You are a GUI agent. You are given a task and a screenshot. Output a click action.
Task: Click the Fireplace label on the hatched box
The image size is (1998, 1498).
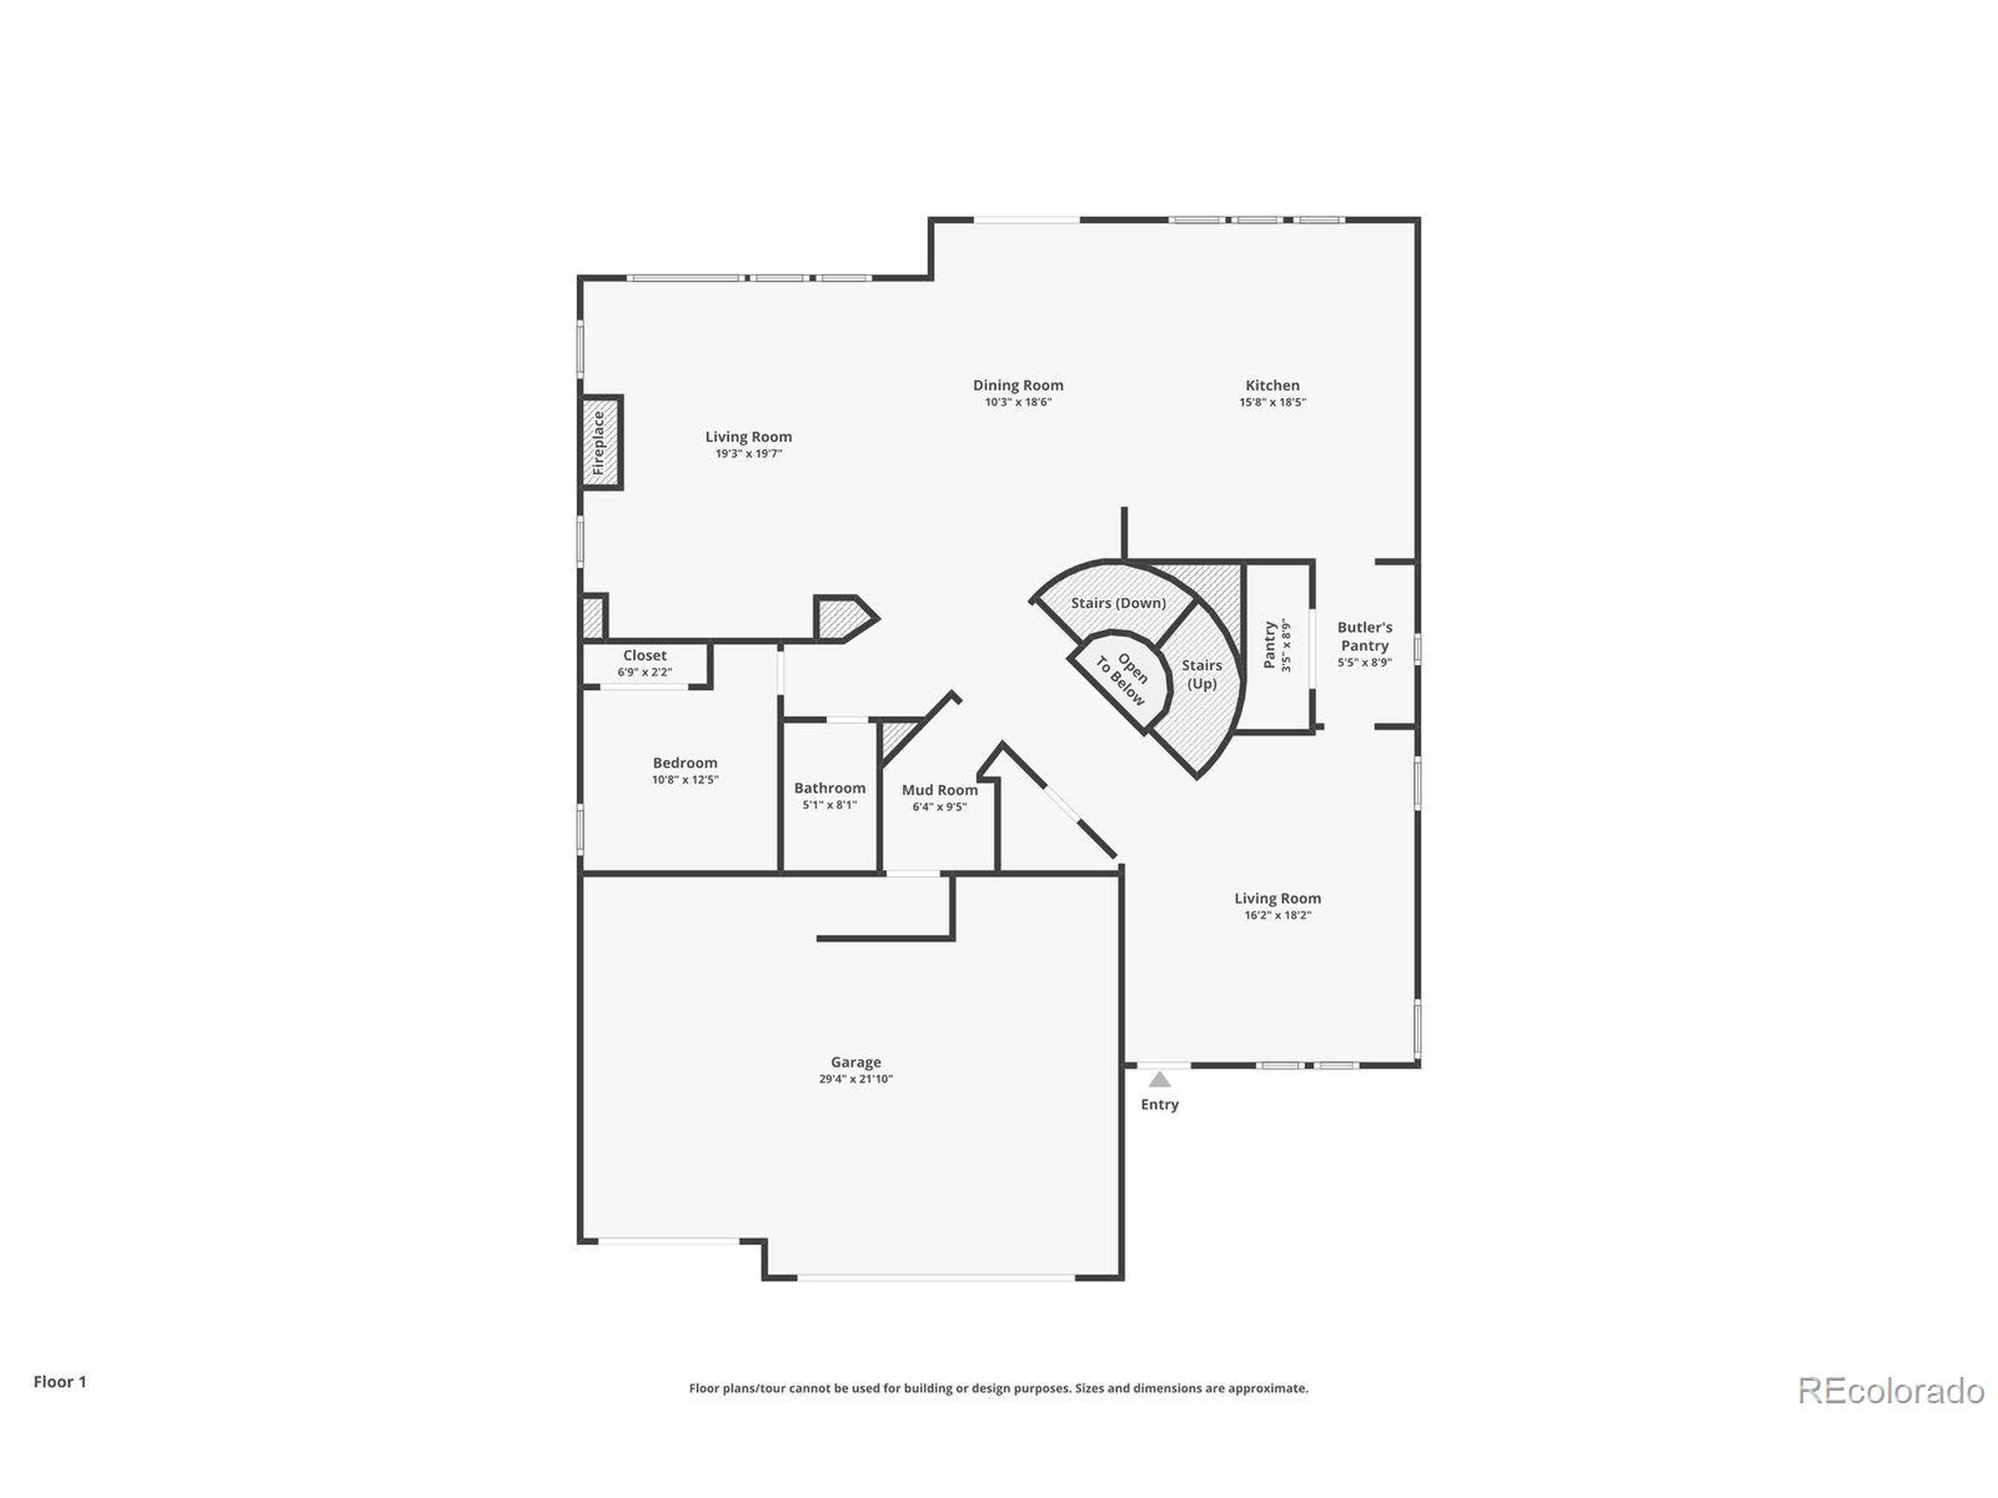point(598,442)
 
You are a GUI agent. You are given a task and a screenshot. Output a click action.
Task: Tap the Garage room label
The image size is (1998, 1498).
point(855,1062)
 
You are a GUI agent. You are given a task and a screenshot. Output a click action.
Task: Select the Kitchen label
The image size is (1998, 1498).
point(1272,385)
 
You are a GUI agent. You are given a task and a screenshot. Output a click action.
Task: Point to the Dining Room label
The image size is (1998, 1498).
point(1018,385)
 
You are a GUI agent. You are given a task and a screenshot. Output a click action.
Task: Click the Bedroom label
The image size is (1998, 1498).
point(684,763)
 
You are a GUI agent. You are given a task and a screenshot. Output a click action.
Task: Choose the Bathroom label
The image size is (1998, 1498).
point(829,788)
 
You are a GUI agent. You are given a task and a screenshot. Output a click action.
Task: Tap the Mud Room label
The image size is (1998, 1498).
point(940,790)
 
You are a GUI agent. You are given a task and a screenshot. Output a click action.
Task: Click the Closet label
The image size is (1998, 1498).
point(645,655)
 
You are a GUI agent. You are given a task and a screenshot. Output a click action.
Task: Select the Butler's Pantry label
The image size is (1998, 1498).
point(1364,637)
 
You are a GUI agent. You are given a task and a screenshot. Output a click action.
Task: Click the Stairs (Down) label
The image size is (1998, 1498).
point(1118,603)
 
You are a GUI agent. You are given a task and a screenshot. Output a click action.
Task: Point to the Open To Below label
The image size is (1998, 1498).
point(1122,680)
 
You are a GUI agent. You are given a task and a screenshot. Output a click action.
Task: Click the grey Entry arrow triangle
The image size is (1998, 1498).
point(1160,1080)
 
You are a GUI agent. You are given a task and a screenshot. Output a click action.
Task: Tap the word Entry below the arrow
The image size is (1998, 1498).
point(1160,1104)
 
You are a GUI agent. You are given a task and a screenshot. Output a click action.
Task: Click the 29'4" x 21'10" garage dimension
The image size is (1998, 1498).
point(855,1079)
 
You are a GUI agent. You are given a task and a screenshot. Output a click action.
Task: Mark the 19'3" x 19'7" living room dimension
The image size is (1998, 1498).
point(748,454)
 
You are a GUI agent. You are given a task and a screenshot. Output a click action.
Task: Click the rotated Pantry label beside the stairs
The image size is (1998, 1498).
point(1269,644)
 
